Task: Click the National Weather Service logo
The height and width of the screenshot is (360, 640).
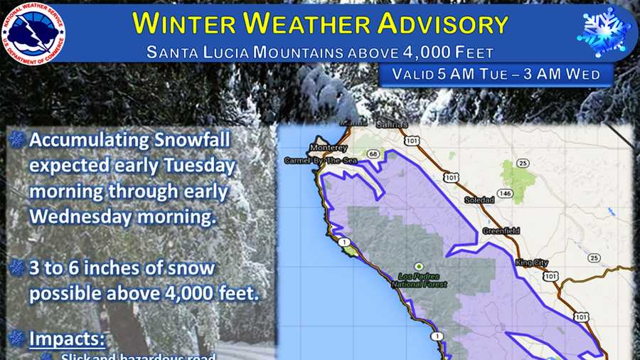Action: click(x=34, y=33)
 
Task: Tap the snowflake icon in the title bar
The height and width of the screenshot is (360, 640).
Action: click(x=604, y=32)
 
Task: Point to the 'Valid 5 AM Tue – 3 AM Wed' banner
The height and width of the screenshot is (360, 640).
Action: click(x=496, y=74)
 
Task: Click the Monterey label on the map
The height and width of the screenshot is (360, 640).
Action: click(x=328, y=147)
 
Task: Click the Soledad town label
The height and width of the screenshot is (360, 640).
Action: click(x=479, y=200)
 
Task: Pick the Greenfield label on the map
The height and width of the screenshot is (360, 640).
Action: click(x=501, y=231)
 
